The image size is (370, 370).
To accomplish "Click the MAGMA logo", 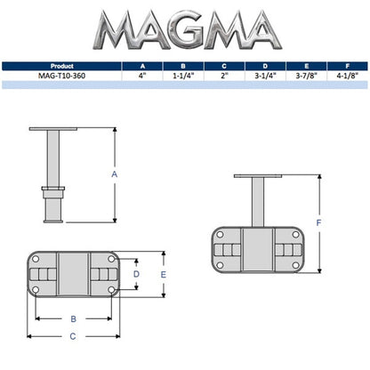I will (x=184, y=31).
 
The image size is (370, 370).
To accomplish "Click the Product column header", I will (x=62, y=65).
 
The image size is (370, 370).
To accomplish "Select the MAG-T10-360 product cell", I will (x=62, y=75).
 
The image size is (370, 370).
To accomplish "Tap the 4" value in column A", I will (x=141, y=75).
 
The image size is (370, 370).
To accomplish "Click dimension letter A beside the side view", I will (x=115, y=175).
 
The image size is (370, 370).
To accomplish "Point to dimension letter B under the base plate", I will (x=72, y=318).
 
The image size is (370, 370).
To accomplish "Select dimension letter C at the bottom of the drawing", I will (x=72, y=337).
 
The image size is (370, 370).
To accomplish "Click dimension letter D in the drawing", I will (x=135, y=275).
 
